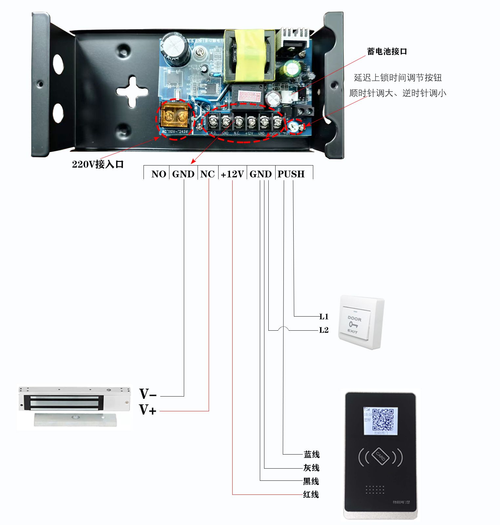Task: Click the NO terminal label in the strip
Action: click(159, 174)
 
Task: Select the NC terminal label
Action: click(207, 174)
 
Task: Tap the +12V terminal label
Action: click(232, 174)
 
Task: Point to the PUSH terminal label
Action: click(291, 174)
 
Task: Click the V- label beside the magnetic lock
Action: click(148, 394)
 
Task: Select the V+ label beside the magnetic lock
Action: click(147, 410)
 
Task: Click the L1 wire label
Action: click(324, 317)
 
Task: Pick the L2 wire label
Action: click(324, 330)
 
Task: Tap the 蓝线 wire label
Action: click(312, 454)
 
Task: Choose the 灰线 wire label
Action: click(311, 468)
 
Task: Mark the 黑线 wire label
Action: click(311, 481)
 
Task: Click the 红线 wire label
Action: click(311, 494)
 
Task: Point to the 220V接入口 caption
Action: click(98, 164)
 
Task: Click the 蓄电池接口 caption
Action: click(387, 51)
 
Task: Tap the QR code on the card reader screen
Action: click(383, 420)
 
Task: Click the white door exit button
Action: click(360, 322)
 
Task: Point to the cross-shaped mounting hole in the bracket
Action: click(132, 92)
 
